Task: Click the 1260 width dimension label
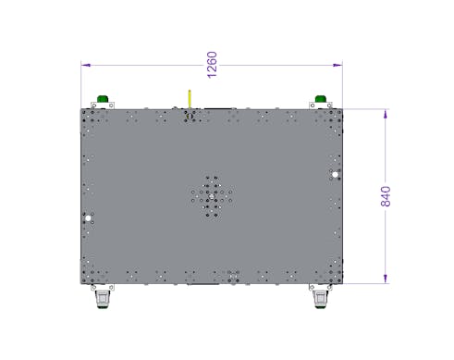(212, 65)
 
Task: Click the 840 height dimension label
(386, 196)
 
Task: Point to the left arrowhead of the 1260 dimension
(86, 65)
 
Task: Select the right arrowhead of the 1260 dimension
(337, 65)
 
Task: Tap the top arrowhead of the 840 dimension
(386, 114)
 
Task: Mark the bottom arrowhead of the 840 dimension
(386, 279)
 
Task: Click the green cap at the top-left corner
(103, 99)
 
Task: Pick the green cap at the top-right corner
(321, 99)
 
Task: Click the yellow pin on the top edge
(190, 99)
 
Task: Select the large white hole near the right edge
(335, 175)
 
